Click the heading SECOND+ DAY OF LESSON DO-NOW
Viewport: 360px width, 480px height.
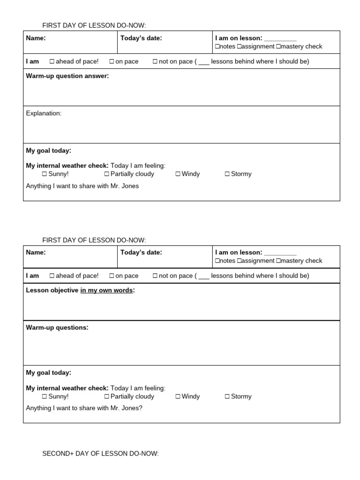pos(100,454)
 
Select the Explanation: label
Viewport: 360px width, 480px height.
pos(44,113)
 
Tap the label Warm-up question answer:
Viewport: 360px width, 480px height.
pos(67,76)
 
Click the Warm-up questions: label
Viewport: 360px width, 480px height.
pos(57,328)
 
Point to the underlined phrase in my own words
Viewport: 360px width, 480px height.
pos(106,291)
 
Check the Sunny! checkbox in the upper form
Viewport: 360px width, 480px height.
pos(45,174)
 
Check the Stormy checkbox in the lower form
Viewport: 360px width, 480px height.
pos(227,397)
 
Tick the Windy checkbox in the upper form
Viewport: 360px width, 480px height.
pos(178,174)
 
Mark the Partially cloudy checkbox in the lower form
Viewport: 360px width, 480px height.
pos(107,397)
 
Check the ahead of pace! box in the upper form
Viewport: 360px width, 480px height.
pos(52,61)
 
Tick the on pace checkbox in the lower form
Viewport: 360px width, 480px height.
pos(112,276)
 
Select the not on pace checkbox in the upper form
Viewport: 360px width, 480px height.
pos(155,61)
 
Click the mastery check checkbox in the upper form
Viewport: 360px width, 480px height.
pos(278,46)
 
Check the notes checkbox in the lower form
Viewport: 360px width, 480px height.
pos(217,261)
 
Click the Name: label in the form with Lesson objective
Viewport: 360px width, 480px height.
pos(36,253)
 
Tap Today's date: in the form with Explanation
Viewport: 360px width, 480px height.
pos(141,38)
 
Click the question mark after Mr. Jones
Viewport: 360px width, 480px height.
pos(141,408)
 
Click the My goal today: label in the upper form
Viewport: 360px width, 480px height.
pos(48,151)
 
